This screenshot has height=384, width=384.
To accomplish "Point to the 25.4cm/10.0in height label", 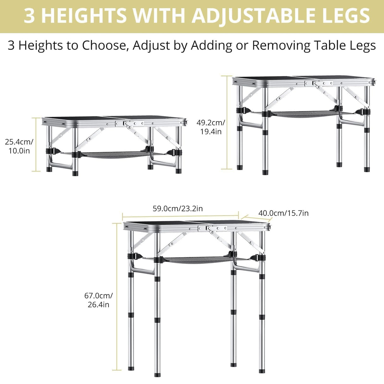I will click(19, 146).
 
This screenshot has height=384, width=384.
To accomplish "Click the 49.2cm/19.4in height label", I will click(211, 127).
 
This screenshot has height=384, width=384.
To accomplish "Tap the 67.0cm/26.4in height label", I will click(98, 300).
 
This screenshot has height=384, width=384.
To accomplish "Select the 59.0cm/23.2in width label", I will click(178, 209).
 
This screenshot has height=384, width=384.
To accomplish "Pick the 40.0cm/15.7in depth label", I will click(283, 213).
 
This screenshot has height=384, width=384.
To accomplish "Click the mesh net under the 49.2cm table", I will click(304, 114).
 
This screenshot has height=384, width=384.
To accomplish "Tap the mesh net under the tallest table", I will click(196, 260).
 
